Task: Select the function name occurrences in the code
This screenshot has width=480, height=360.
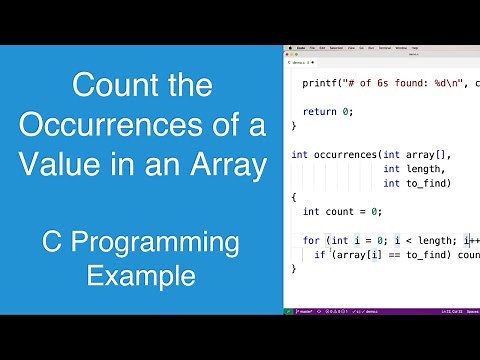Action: (343, 155)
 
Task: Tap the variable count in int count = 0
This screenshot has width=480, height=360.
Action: (342, 212)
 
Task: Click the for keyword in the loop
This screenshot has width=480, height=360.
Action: (310, 241)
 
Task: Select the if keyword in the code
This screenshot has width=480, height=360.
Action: (319, 255)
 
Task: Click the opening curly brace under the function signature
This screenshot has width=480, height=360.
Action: (294, 198)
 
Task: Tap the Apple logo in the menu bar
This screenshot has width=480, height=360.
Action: (289, 47)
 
